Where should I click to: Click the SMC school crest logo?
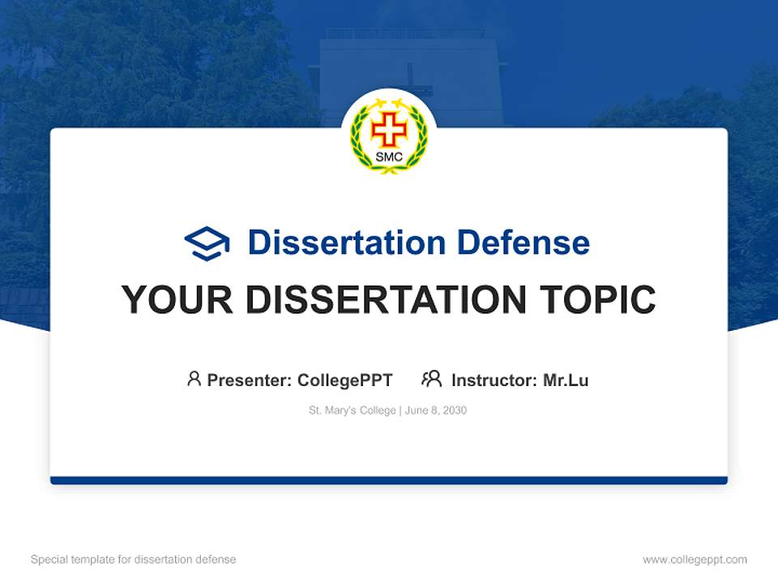[x=389, y=135]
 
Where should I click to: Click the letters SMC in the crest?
[x=389, y=157]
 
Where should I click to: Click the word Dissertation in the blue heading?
[x=347, y=243]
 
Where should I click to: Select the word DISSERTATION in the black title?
[x=381, y=300]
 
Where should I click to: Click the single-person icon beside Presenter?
[x=194, y=379]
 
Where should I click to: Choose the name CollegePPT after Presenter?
[x=345, y=380]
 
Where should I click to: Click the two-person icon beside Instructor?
[x=432, y=379]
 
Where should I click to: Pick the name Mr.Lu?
[x=566, y=380]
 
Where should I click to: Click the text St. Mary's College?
[x=352, y=410]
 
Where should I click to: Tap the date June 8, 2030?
[x=436, y=410]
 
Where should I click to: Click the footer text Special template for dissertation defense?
[x=134, y=560]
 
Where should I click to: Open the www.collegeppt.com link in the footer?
[x=695, y=560]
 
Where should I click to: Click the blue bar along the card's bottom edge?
[x=389, y=480]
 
